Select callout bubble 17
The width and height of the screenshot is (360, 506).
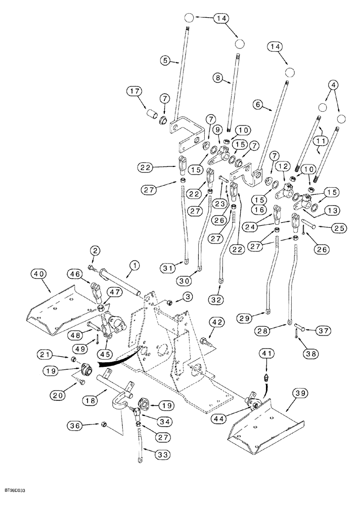[136, 92]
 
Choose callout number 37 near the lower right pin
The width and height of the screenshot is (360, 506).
[323, 330]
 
